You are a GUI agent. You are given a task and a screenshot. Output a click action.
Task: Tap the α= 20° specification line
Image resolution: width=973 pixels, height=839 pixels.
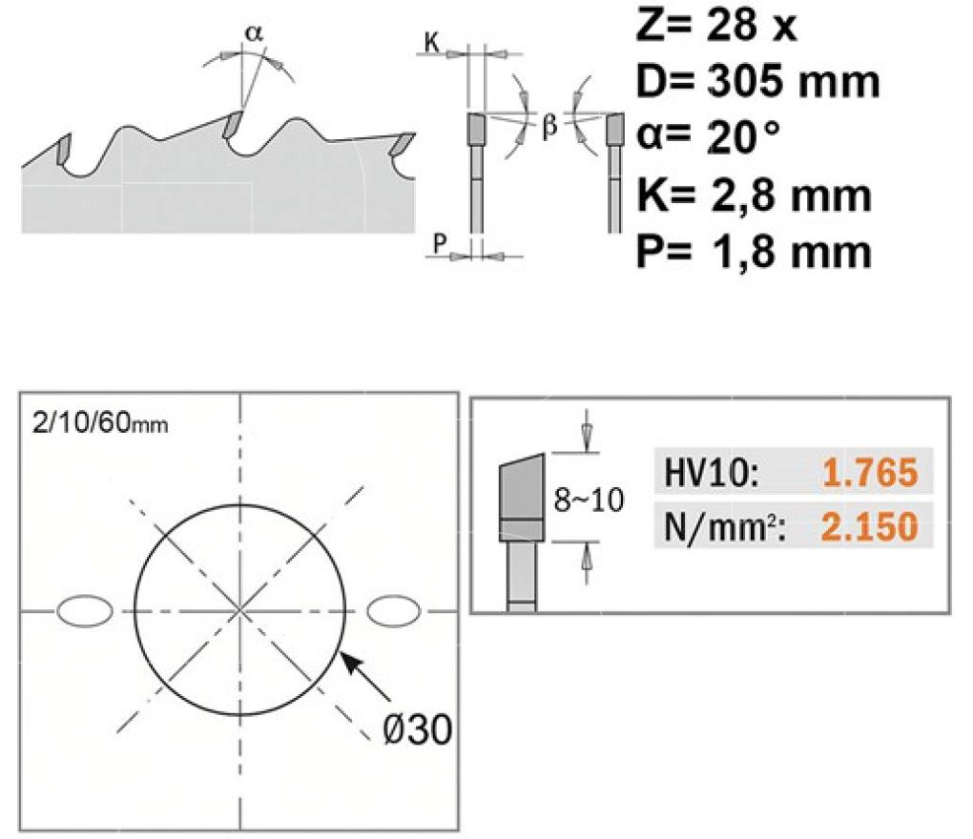(708, 137)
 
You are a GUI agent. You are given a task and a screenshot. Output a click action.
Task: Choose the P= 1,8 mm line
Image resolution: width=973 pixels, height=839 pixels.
(754, 252)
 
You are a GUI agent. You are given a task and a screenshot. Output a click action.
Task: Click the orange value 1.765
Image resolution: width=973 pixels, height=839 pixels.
(870, 472)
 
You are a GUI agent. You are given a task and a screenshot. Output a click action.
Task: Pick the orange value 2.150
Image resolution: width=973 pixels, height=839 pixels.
(870, 526)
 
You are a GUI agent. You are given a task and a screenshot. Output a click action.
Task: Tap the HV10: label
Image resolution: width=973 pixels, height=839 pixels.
(711, 473)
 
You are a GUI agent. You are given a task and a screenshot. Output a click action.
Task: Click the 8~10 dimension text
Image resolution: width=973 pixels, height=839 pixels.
(589, 500)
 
